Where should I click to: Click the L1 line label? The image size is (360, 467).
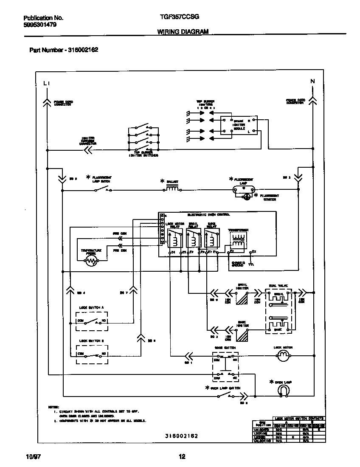tap(47, 84)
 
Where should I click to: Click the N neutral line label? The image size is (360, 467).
tap(312, 81)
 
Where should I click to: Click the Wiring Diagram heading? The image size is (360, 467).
tap(183, 32)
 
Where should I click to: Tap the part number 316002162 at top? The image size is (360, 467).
tap(83, 50)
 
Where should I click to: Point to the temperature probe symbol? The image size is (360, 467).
tap(91, 262)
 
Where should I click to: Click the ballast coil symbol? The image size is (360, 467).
tap(172, 189)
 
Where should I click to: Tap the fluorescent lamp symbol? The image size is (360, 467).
tap(243, 190)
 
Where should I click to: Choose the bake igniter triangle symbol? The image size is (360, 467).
tap(242, 335)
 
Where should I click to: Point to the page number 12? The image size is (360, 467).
tap(182, 457)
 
